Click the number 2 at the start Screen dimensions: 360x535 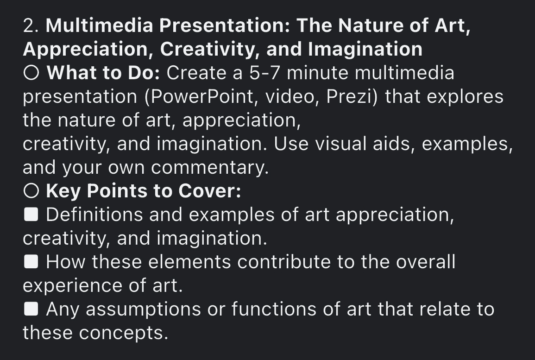coord(30,26)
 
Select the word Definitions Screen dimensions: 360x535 coord(93,215)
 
